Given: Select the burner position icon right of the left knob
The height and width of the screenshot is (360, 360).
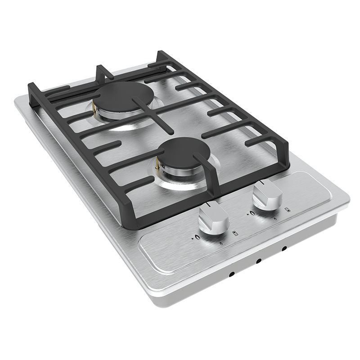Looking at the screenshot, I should pos(234,232).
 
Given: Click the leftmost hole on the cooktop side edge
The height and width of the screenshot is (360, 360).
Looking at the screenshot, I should pos(230,274).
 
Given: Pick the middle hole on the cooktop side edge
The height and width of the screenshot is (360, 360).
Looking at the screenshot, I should pos(258,261).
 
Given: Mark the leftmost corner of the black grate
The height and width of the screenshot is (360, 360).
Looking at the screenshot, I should pos(31,87).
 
